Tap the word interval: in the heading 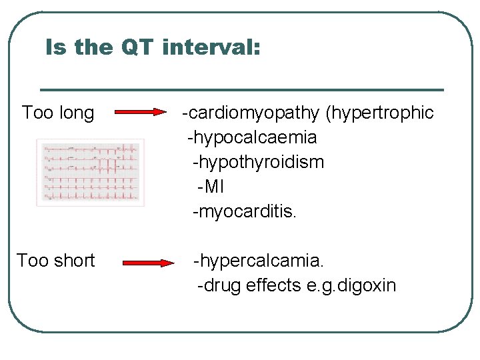pyautogui.click(x=211, y=47)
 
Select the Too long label pyautogui.click(x=58, y=113)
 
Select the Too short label pyautogui.click(x=56, y=261)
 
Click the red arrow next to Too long pyautogui.click(x=140, y=113)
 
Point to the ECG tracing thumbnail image pyautogui.click(x=90, y=172)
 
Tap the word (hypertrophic pyautogui.click(x=379, y=113)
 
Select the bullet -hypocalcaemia pyautogui.click(x=252, y=138)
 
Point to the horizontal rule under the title pyautogui.click(x=242, y=89)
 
